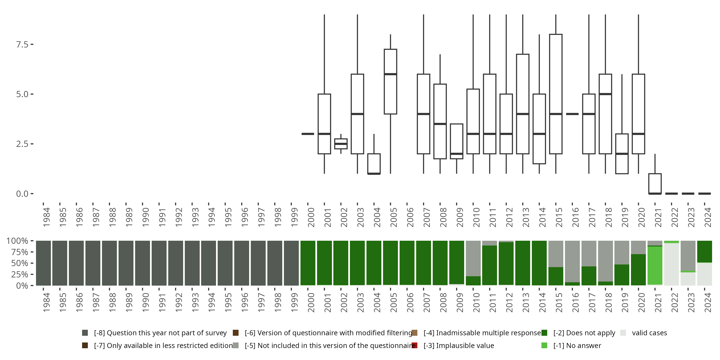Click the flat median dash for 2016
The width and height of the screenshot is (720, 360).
pyautogui.click(x=572, y=114)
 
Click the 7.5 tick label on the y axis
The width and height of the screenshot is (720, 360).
pyautogui.click(x=22, y=44)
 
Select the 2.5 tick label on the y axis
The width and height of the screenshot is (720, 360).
pyautogui.click(x=22, y=144)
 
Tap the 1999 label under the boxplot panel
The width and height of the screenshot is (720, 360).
pyautogui.click(x=294, y=217)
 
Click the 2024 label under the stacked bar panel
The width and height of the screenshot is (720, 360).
pyautogui.click(x=708, y=302)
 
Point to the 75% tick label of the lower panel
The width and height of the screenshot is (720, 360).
pyautogui.click(x=20, y=252)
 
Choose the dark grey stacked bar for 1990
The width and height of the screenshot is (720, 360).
pyautogui.click(x=142, y=263)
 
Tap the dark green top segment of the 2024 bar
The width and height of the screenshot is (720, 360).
pyautogui.click(x=704, y=251)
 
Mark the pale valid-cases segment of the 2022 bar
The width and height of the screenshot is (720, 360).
pyautogui.click(x=671, y=264)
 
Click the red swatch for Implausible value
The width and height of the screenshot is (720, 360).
pyautogui.click(x=414, y=345)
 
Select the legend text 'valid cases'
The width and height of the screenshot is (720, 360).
pyautogui.click(x=649, y=333)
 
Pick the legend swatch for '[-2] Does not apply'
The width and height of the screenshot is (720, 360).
pyautogui.click(x=544, y=333)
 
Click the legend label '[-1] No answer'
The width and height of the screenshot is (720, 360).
pyautogui.click(x=577, y=345)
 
